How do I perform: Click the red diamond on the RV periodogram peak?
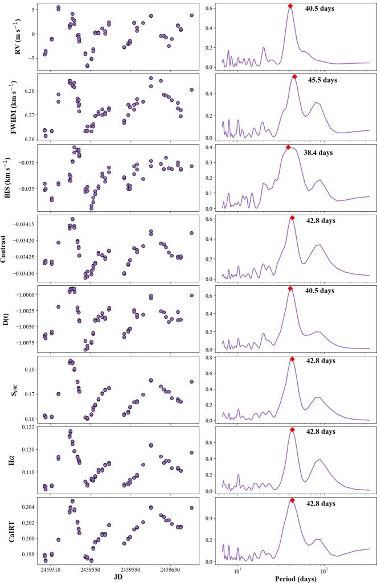(290, 6)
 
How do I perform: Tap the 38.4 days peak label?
(318, 153)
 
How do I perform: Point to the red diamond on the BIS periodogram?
(288, 147)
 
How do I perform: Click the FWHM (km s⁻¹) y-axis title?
(13, 108)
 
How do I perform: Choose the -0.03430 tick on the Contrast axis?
(21, 274)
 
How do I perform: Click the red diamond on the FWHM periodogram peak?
(294, 76)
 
